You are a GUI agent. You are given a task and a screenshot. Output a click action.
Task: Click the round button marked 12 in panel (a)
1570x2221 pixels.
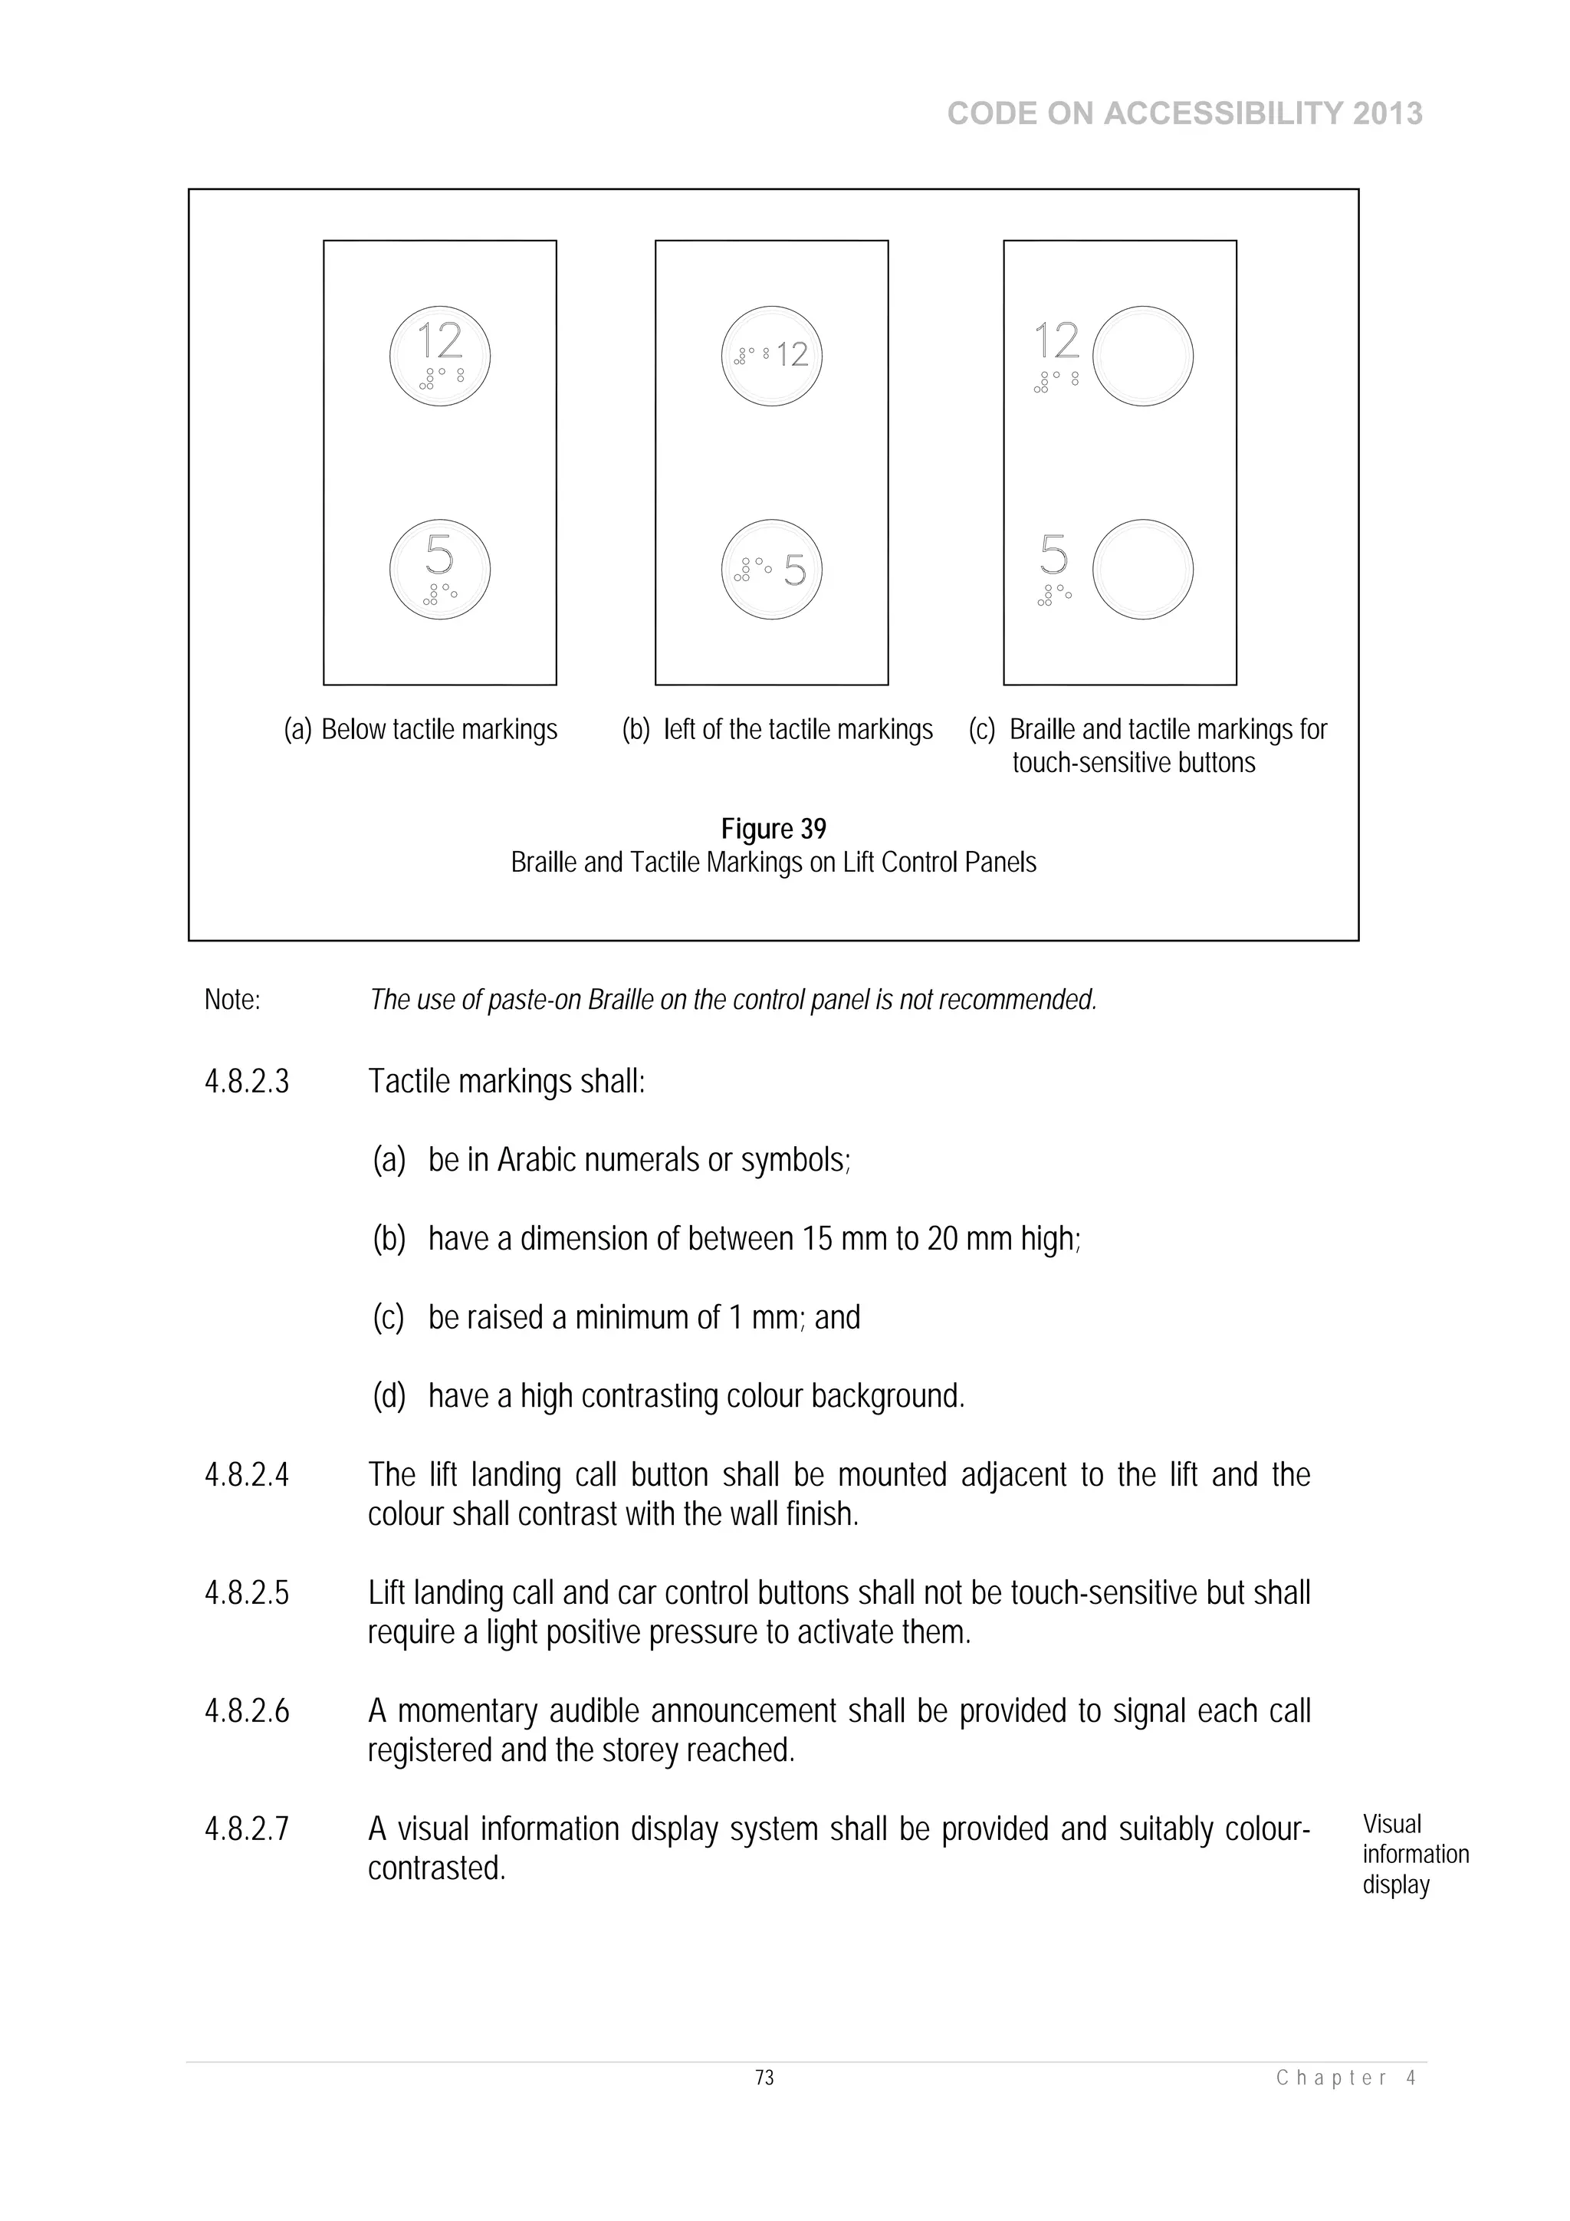point(440,356)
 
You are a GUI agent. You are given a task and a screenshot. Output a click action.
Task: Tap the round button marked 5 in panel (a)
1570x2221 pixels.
point(440,569)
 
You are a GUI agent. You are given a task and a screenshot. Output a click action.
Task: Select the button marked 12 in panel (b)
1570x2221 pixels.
point(772,355)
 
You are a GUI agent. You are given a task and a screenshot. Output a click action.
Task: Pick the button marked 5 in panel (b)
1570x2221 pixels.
point(772,569)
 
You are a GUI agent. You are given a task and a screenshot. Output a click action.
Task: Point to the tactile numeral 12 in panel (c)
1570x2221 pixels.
point(1056,341)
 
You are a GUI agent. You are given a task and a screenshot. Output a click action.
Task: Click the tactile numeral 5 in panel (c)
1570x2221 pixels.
point(1053,555)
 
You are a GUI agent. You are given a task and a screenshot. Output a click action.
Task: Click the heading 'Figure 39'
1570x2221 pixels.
point(773,829)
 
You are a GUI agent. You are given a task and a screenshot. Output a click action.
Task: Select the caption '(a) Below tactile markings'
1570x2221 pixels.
point(421,729)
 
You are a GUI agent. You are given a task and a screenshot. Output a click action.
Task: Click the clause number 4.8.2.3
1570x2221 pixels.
point(247,1082)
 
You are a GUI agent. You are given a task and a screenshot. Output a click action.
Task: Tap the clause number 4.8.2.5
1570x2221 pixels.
point(247,1593)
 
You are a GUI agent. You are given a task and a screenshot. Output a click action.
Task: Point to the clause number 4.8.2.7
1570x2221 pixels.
point(247,1829)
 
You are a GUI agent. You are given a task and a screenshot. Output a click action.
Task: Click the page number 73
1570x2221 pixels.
point(764,2078)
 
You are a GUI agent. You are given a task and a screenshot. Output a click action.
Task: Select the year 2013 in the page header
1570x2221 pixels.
point(1388,114)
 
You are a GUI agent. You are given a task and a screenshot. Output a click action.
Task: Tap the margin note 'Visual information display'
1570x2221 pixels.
point(1414,1855)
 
